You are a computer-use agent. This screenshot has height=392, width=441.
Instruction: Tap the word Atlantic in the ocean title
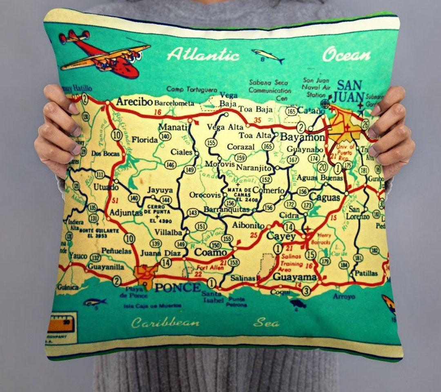tap(203, 54)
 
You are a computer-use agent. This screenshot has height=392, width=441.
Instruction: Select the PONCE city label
tap(178, 287)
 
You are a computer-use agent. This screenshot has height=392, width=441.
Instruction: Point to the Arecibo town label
tap(134, 102)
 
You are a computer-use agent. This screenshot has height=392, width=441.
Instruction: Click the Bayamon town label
tap(302, 137)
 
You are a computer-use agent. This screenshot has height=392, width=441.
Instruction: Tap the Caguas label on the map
tap(325, 197)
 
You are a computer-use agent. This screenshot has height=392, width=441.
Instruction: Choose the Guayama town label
tap(294, 277)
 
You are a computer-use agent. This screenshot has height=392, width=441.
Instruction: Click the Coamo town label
tap(210, 252)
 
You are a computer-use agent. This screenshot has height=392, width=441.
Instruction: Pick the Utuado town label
tap(106, 187)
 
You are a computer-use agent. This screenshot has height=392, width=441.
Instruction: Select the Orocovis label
tap(205, 195)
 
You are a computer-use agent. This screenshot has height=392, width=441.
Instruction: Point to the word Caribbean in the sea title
tap(165, 323)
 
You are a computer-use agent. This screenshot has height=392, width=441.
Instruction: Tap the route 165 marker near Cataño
tap(291, 111)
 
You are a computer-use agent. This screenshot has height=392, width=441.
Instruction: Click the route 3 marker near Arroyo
tap(306, 291)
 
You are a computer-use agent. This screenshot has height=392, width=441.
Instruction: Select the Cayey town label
tap(281, 236)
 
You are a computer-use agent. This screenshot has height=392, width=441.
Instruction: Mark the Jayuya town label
tap(160, 190)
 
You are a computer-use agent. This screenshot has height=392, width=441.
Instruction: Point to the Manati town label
tap(173, 127)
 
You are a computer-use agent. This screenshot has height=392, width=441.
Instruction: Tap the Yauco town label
tap(78, 256)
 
